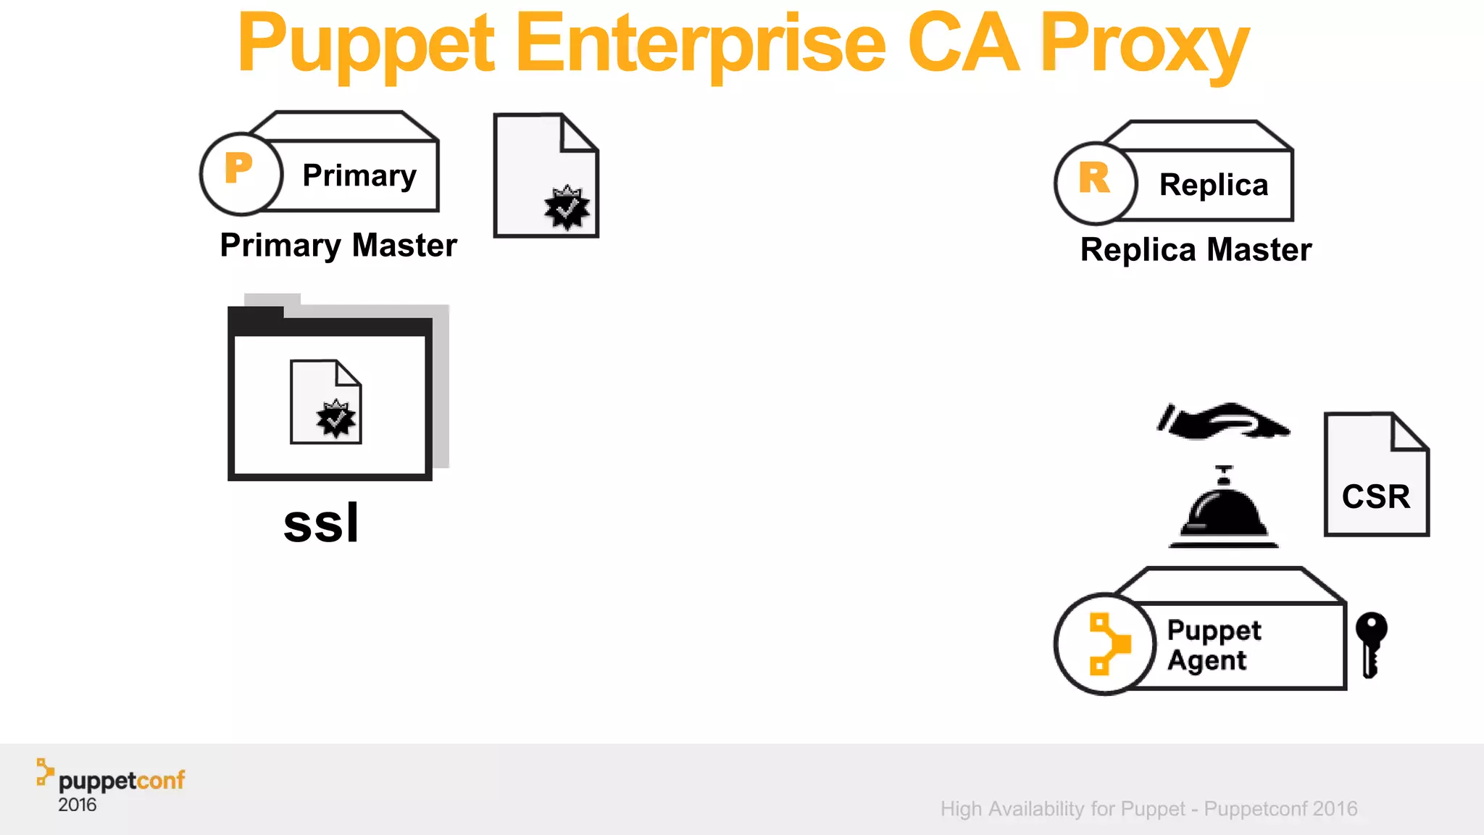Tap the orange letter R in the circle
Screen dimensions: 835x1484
(1093, 178)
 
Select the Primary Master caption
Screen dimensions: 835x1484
(338, 246)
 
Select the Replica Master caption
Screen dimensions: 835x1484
(1196, 250)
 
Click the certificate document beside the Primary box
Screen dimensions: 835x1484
(546, 176)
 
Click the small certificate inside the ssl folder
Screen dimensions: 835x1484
(325, 402)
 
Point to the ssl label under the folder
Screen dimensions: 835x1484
(321, 523)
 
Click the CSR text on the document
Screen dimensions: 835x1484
(1375, 497)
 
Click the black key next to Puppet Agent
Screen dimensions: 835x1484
(1370, 643)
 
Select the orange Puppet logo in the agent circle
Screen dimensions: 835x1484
(1108, 644)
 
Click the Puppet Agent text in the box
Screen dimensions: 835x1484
(1213, 644)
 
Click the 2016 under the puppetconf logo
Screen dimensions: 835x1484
(77, 805)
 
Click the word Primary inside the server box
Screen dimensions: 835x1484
(359, 175)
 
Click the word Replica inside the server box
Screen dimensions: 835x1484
(1213, 185)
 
